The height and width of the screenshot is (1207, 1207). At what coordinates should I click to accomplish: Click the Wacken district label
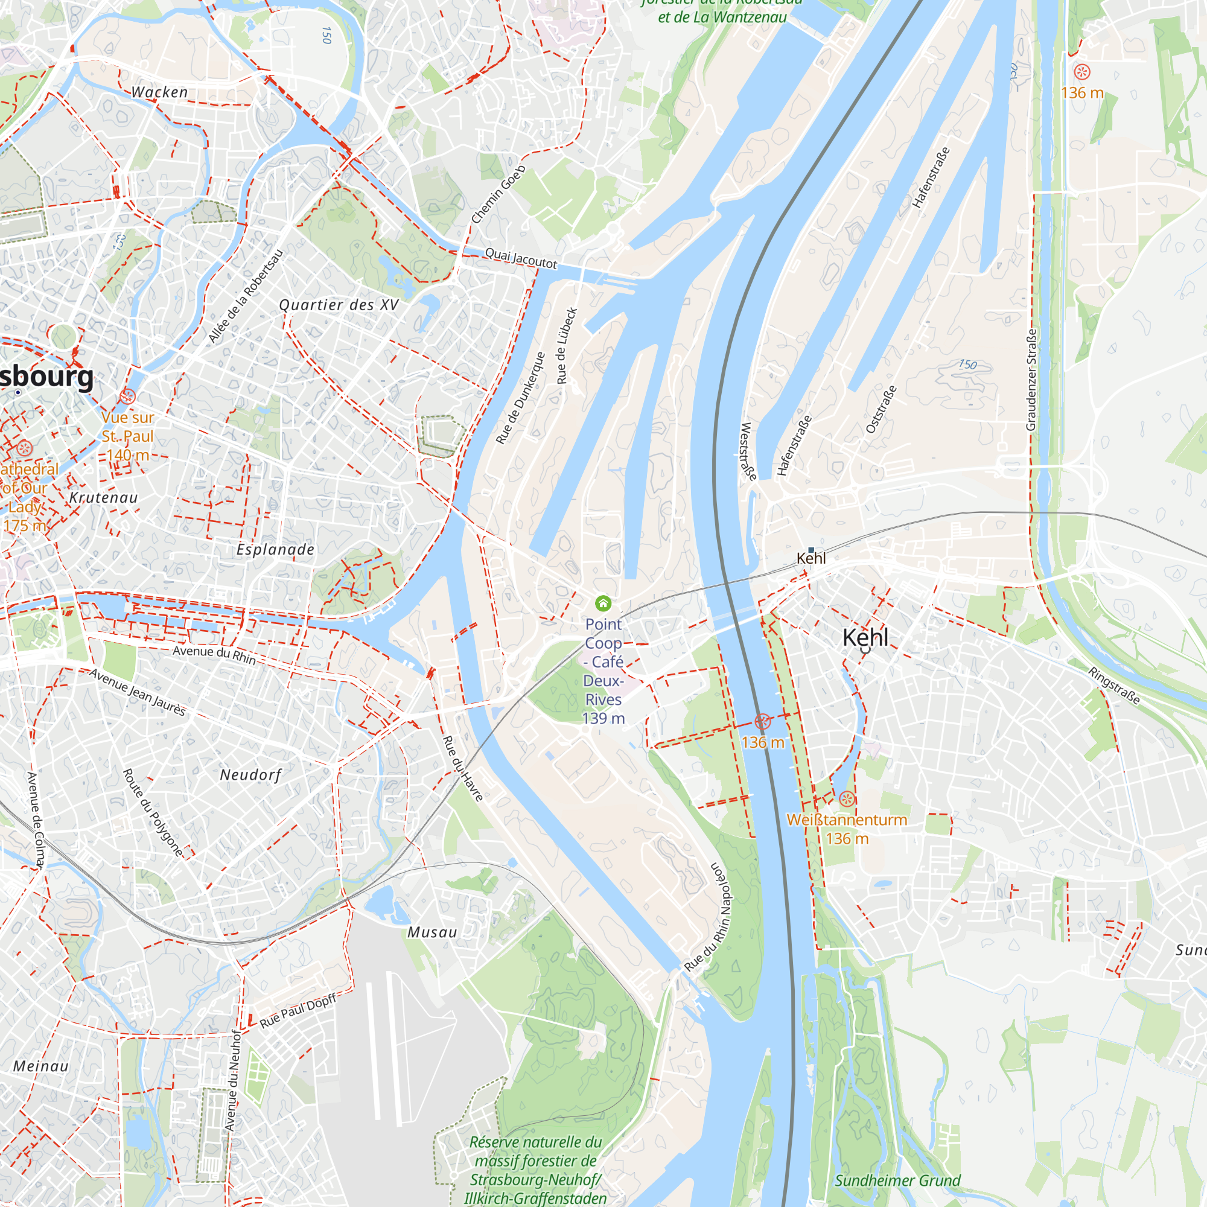159,92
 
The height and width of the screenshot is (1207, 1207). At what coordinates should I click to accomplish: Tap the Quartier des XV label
339,305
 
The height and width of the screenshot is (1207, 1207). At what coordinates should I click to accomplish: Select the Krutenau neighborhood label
104,498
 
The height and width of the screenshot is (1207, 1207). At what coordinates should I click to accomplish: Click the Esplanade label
276,550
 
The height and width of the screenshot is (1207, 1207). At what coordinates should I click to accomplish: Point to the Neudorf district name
250,775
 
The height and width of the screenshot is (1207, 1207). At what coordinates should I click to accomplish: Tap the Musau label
432,933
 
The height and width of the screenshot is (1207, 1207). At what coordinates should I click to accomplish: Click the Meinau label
41,1066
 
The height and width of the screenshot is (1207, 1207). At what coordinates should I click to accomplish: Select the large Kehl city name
865,637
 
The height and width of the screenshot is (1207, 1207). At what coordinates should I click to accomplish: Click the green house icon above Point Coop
603,603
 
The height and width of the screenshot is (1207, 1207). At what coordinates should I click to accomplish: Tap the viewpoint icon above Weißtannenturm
847,798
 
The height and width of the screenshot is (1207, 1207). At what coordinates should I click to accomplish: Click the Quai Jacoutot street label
521,259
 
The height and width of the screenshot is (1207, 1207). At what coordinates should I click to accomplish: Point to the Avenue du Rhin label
214,654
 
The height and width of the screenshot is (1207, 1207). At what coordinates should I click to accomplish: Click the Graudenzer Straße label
1031,380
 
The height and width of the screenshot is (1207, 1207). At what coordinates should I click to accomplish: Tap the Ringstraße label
1115,686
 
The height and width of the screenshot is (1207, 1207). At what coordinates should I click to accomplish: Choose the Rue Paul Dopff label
298,1010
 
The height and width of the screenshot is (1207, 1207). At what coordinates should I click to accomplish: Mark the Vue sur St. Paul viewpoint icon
127,396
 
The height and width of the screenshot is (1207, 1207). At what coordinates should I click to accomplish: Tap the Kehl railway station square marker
811,550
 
